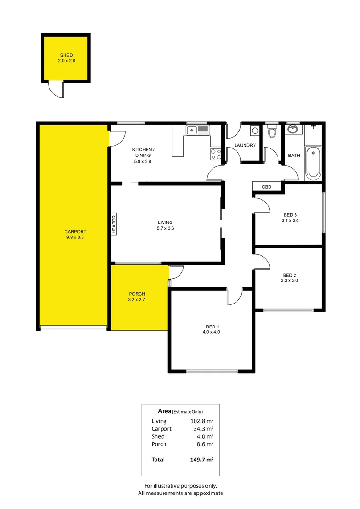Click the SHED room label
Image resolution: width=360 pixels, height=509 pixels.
pos(65,55)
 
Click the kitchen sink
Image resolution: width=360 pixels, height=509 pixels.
pos(197,131)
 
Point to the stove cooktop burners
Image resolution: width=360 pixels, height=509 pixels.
pos(216,154)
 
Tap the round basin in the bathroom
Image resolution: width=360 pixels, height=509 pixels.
pos(294,129)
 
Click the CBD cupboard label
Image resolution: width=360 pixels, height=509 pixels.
pos(267,187)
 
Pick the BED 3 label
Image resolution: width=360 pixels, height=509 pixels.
pos(289,214)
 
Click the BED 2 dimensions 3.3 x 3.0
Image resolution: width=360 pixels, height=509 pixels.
pos(290,280)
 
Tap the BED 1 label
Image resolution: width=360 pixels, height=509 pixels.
pos(213,327)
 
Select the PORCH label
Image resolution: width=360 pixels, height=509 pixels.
pos(136,294)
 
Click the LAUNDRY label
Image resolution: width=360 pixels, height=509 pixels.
pos(245,145)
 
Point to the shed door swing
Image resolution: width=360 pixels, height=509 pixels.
pos(56,90)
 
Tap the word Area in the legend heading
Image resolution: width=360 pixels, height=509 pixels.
pos(164,411)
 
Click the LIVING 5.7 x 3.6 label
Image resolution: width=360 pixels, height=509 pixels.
pos(165,225)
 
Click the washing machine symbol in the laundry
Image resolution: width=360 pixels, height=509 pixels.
pos(254,131)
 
